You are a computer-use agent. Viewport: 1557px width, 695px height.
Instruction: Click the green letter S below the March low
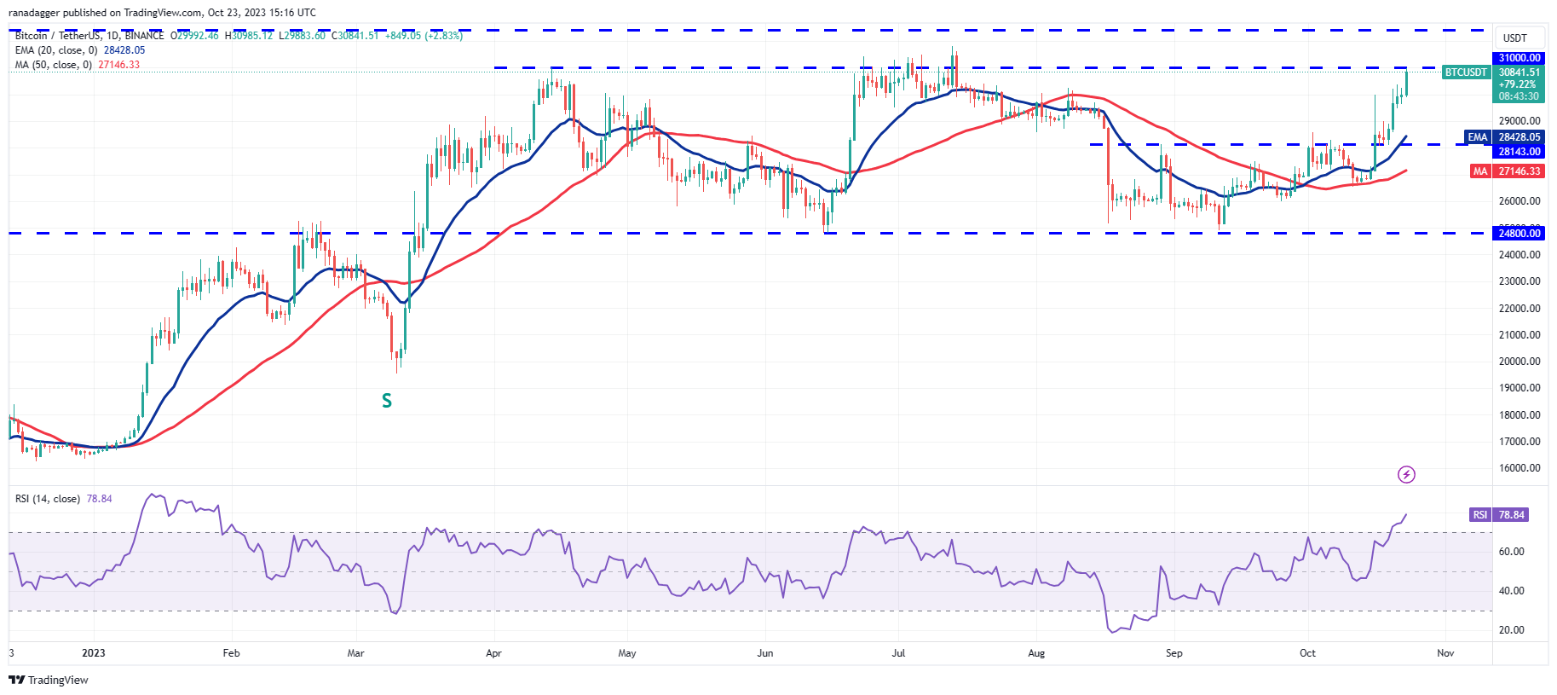point(387,401)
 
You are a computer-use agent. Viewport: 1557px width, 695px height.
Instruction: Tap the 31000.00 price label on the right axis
point(1520,58)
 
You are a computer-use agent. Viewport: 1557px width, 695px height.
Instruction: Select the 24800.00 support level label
point(1520,233)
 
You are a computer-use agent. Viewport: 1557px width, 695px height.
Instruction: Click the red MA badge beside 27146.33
point(1480,171)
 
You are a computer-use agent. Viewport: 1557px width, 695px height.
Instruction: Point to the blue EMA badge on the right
point(1477,137)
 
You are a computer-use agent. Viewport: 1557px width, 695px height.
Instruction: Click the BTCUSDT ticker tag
point(1466,72)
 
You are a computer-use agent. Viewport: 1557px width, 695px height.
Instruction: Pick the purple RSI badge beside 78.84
point(1480,515)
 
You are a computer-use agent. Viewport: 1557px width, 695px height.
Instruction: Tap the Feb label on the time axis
point(231,653)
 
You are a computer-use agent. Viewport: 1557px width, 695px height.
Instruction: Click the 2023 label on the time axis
point(94,653)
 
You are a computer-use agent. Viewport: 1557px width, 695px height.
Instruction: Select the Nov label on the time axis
point(1445,653)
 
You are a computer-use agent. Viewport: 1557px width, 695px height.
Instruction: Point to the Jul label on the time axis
point(898,653)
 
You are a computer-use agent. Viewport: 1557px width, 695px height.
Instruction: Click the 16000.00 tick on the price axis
point(1520,468)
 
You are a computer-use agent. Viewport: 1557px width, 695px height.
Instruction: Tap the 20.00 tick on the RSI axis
point(1512,630)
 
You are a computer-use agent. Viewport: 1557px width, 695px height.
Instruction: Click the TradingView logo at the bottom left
point(49,680)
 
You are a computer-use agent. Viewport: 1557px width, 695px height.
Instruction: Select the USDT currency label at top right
point(1514,38)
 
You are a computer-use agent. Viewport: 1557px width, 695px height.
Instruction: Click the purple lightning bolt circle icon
point(1406,474)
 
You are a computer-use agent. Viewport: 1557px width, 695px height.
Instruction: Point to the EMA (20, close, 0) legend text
point(56,50)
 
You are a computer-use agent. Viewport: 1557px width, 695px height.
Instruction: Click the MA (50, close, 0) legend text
point(54,65)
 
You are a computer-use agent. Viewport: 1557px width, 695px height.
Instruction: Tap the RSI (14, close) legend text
point(48,499)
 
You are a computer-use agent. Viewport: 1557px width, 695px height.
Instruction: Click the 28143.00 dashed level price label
point(1520,152)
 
